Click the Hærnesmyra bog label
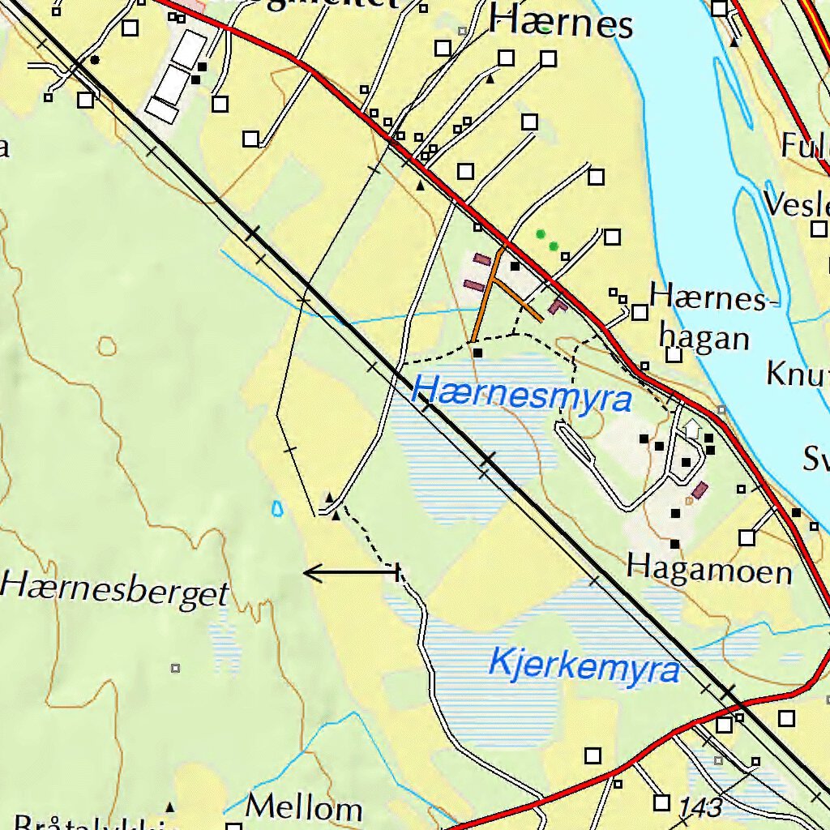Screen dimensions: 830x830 tap(521, 395)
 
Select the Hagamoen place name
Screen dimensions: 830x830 tap(709, 570)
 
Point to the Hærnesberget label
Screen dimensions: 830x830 tap(115, 589)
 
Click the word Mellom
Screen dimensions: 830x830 tap(304, 807)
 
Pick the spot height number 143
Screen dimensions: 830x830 tap(700, 807)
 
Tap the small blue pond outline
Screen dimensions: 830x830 tap(278, 509)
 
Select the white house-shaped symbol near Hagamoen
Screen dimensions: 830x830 tap(691, 428)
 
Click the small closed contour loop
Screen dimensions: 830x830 tap(107, 346)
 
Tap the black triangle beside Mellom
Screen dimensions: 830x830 tap(169, 807)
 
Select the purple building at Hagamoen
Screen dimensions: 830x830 tap(699, 490)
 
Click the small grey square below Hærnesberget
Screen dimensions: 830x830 tap(175, 669)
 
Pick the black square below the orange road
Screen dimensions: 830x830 tap(477, 353)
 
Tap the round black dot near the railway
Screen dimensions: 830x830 tap(95, 60)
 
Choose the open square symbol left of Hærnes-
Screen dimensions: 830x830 tap(640, 312)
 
